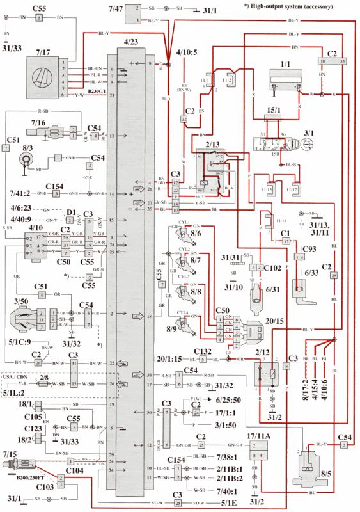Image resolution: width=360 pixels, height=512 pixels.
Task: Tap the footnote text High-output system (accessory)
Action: (x=288, y=6)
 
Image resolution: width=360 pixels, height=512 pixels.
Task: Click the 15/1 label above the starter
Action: (x=276, y=109)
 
